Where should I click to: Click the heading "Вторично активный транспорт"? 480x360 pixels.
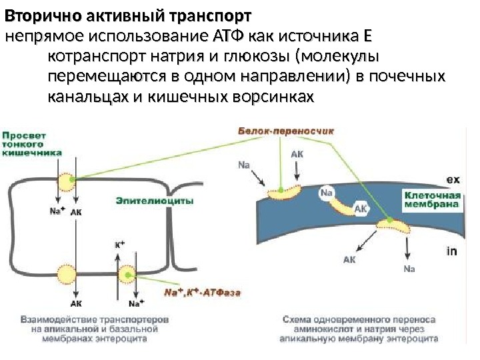[129, 15]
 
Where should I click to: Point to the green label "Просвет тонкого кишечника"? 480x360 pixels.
[31, 143]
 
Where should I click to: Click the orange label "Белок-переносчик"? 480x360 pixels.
[286, 131]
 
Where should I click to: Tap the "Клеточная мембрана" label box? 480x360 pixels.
[432, 200]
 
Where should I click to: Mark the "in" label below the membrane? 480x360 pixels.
[451, 251]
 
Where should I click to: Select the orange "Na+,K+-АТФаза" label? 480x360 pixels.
[202, 291]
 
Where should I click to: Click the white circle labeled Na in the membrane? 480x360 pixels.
[327, 193]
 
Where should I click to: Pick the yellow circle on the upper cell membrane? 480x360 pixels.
[65, 181]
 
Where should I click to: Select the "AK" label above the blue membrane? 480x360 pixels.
[297, 153]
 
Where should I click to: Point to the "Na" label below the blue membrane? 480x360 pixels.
[409, 269]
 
